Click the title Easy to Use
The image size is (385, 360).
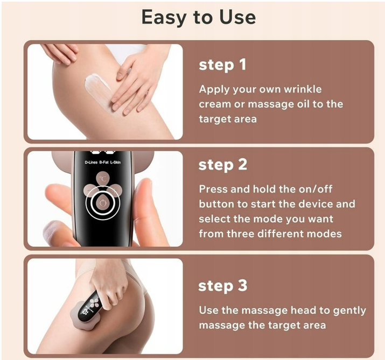tap(199, 17)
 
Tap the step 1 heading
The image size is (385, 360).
tap(222, 65)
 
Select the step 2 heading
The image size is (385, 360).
tap(223, 165)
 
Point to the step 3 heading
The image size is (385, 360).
tap(223, 286)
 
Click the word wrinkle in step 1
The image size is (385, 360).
tap(303, 89)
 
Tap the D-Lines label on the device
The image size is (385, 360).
tap(91, 162)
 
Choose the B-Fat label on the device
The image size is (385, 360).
tap(104, 162)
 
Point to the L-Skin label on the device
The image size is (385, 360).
tap(115, 162)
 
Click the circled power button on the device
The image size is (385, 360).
tap(103, 202)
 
